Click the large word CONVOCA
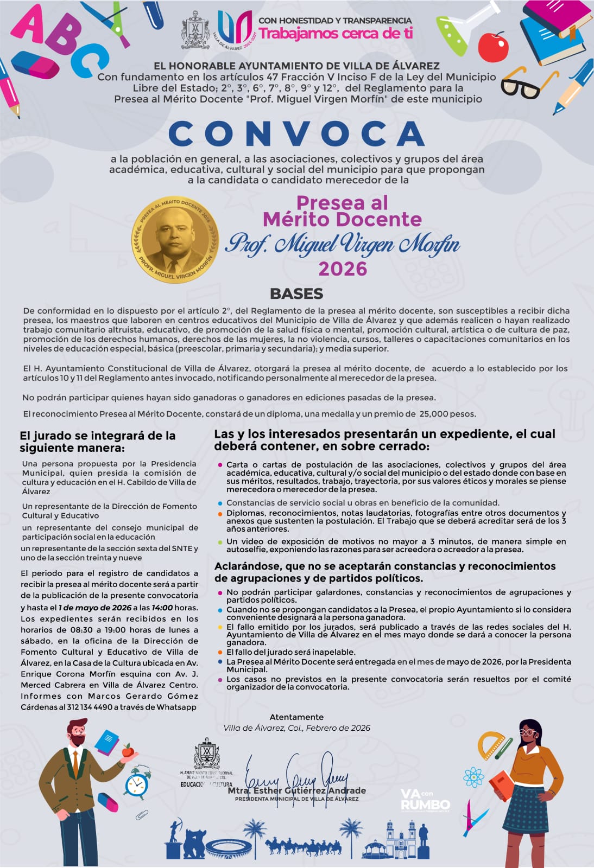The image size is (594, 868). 296,133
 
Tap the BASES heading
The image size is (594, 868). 296,293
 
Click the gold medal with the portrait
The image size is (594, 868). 175,239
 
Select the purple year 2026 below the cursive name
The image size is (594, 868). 343,269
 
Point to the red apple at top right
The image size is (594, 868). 493,48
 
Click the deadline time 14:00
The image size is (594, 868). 162,608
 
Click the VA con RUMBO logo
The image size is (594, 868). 425,800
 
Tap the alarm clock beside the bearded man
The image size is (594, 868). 137,783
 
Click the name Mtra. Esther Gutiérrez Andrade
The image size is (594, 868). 296,791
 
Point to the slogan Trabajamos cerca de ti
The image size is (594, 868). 336,33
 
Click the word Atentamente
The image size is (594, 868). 296,717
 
